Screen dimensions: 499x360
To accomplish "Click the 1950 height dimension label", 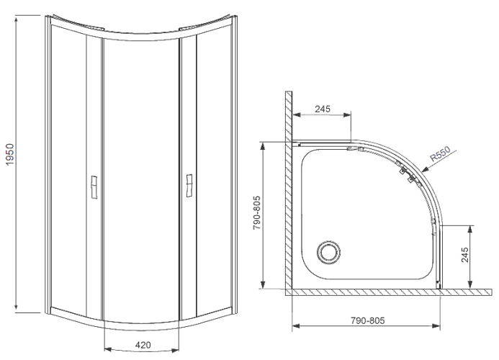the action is tap(10, 154).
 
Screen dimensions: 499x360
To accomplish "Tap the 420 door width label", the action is tap(143, 345).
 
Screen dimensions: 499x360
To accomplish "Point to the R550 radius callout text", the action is tap(441, 153).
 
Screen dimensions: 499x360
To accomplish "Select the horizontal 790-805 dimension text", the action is tap(367, 320).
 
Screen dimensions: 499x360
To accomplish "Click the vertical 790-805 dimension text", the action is tap(257, 212).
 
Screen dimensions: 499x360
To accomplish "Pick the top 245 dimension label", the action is tap(323, 109).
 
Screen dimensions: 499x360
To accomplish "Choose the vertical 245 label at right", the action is tap(465, 255).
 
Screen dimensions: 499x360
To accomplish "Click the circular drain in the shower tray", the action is tap(329, 253).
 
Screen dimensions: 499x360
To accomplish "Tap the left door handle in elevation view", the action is tap(94, 187).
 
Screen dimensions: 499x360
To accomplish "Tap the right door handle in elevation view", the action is tap(189, 186).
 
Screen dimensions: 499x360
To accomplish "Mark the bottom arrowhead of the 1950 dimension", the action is tap(17, 307).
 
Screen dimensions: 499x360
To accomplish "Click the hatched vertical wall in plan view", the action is tap(289, 190).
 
